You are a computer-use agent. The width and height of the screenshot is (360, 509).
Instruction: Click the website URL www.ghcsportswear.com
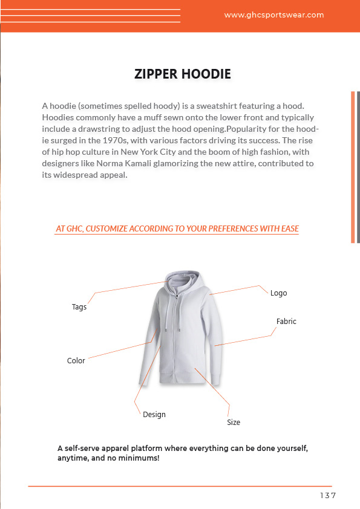coord(273,15)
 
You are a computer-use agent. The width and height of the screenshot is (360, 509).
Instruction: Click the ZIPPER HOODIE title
coord(182,74)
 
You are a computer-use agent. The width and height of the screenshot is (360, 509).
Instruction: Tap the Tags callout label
coord(79,307)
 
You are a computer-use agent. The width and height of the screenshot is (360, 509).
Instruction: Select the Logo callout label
coord(278,293)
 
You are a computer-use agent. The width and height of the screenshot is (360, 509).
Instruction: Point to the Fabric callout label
coord(286,322)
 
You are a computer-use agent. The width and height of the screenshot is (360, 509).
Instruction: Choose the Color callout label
coord(76,361)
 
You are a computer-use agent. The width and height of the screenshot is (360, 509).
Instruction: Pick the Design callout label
coord(154,415)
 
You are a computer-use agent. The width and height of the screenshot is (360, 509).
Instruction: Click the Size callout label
coord(234,423)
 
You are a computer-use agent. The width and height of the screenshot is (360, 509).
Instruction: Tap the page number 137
coord(327,496)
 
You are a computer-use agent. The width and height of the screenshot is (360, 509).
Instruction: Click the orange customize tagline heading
coord(177,229)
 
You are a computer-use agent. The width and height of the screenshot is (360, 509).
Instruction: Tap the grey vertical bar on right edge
coord(358,167)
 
